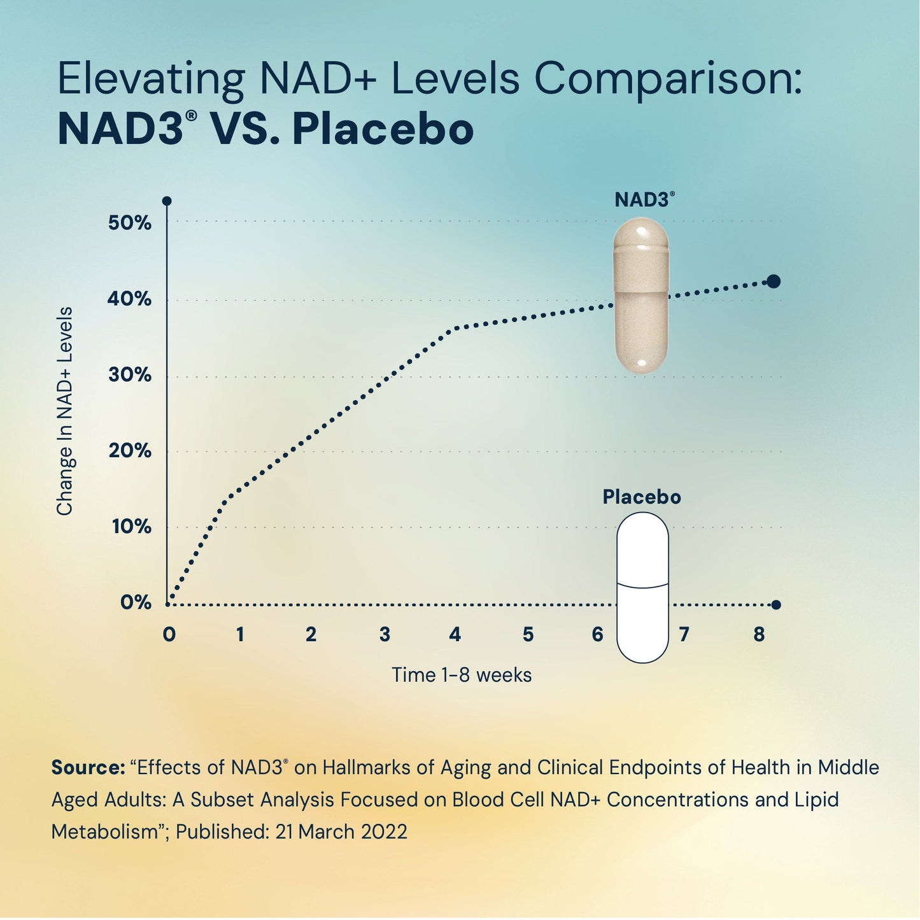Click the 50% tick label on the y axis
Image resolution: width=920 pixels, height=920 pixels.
(129, 223)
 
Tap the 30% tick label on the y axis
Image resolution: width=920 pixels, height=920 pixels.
(129, 374)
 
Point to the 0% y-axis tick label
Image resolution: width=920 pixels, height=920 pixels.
(136, 602)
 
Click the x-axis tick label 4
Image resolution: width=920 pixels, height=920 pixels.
(455, 635)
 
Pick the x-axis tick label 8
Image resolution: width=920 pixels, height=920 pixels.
(759, 635)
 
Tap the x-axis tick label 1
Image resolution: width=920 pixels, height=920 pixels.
(240, 635)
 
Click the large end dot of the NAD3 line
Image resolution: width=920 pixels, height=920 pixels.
(774, 281)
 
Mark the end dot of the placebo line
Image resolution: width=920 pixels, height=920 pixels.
(775, 605)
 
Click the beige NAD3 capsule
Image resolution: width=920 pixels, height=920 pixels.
(640, 296)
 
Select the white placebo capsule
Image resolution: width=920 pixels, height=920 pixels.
(642, 587)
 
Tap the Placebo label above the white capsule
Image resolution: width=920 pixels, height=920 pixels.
(642, 497)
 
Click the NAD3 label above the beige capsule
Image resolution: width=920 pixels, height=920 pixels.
(643, 200)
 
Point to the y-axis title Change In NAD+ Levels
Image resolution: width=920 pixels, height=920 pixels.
(65, 411)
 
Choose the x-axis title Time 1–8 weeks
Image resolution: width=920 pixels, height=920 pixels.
(461, 675)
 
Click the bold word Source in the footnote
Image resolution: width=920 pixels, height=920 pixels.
(88, 768)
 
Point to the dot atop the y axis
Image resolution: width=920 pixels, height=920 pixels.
(167, 201)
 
